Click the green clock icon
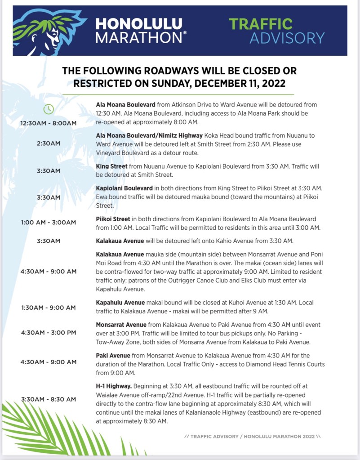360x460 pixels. coord(49,109)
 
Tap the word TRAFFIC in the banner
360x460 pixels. coord(261,23)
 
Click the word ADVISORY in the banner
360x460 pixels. coord(287,38)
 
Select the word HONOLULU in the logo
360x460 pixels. coord(139,23)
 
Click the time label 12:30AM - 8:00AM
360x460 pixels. coord(49,123)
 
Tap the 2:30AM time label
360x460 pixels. coord(49,143)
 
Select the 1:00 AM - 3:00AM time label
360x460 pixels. coord(49,222)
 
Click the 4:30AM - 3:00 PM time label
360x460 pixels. coord(49,332)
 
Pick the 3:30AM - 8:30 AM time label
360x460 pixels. coord(49,399)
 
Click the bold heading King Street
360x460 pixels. coord(111,166)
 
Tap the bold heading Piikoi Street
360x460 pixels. coord(113,219)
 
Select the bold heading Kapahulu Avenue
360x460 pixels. coord(120,303)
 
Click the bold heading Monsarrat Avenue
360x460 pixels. coord(121,325)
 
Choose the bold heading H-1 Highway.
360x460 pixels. coord(114,386)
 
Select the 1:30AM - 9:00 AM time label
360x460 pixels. coord(49,308)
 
